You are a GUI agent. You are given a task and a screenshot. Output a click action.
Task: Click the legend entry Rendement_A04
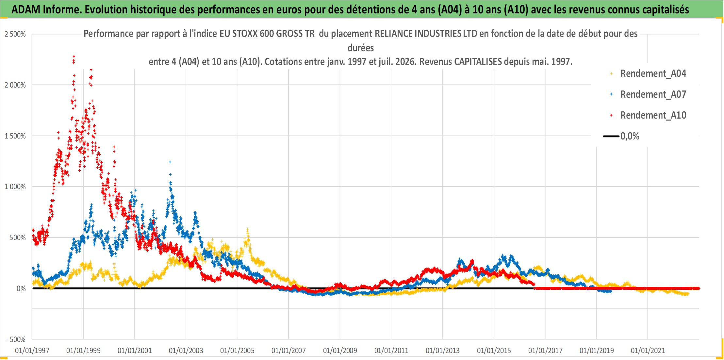[653, 74]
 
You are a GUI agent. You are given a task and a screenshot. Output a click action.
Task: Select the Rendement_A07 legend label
[653, 94]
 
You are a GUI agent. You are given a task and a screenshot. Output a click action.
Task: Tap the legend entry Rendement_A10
[653, 115]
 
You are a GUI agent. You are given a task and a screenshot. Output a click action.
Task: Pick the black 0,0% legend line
[611, 136]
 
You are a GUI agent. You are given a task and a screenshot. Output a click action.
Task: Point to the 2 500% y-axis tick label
[15, 34]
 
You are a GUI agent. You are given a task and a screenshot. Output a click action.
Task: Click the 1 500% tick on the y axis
[15, 136]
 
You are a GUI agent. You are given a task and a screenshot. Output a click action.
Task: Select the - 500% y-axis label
[16, 340]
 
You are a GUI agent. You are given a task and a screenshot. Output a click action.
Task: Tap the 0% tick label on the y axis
[21, 289]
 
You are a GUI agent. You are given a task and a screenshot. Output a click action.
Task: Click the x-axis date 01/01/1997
[32, 351]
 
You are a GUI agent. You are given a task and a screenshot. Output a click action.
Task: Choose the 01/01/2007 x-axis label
[288, 351]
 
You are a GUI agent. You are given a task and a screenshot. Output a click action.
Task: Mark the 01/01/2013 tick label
[442, 351]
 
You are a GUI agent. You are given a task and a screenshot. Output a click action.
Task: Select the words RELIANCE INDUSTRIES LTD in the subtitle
[426, 34]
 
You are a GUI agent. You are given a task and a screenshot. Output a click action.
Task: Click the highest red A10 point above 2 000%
[74, 56]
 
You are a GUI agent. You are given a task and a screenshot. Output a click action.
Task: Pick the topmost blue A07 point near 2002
[170, 162]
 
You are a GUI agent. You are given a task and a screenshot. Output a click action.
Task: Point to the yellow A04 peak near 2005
[247, 230]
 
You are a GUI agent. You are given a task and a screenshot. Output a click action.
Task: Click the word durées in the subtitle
[361, 48]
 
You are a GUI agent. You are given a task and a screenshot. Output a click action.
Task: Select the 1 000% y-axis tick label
[15, 187]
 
